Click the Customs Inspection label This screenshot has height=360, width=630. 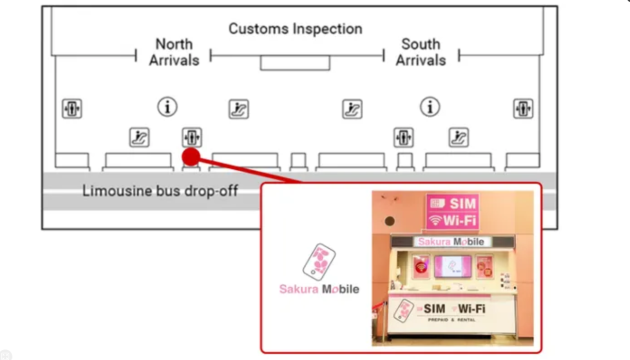[x=295, y=28]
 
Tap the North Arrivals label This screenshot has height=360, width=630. [x=174, y=52]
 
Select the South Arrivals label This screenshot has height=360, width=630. [x=420, y=52]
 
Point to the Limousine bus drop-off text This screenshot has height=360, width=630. [x=160, y=190]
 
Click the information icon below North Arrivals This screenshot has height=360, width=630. [x=168, y=106]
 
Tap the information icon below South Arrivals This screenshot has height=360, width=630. [x=431, y=106]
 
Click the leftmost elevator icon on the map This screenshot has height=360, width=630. [x=71, y=108]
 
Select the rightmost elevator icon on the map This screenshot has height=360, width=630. [x=522, y=108]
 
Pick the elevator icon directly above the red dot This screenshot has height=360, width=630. [x=191, y=137]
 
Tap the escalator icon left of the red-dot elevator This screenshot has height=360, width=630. [x=139, y=137]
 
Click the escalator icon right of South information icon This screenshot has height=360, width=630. [x=459, y=137]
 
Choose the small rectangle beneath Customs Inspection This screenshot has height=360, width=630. [x=295, y=63]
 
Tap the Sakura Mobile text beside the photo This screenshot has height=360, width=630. [x=319, y=291]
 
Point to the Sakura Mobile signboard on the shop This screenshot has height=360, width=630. [x=451, y=242]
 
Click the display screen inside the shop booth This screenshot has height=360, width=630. [x=452, y=266]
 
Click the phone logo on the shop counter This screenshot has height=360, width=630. [x=405, y=311]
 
